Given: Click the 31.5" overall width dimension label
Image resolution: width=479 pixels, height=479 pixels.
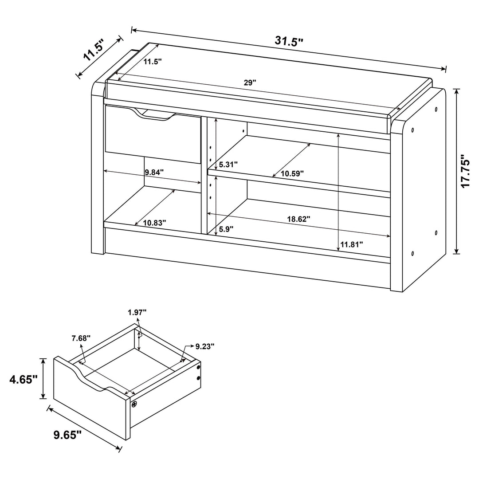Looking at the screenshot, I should tap(289, 41).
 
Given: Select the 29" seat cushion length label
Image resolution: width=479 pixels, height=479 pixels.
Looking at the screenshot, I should tap(250, 82).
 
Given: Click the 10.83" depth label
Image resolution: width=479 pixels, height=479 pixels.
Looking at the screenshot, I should tap(154, 223).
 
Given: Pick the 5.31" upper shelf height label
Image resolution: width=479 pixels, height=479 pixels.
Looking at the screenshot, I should tap(225, 165).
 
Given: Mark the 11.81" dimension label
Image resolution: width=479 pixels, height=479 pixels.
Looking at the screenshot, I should tap(352, 244).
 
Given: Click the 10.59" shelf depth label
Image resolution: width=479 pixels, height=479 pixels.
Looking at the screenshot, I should tap(291, 173).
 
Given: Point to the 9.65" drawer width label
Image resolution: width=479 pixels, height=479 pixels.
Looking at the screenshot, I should tap(67, 435).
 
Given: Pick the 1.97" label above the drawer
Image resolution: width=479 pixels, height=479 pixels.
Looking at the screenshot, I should tap(137, 312).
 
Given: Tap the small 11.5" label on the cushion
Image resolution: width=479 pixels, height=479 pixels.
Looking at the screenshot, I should tap(152, 62).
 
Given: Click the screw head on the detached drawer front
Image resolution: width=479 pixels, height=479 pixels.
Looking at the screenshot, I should tap(134, 404).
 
